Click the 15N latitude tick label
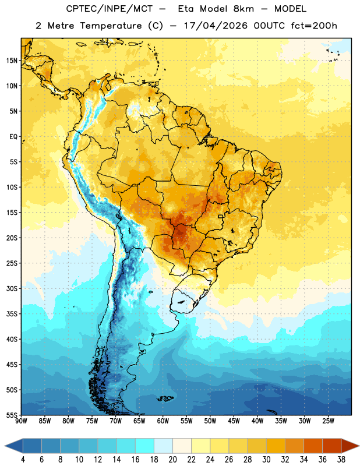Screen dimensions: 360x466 tap(12, 61)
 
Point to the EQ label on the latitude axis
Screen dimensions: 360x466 tap(13, 137)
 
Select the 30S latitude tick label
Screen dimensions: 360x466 tap(12, 288)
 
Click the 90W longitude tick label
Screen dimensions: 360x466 tap(21, 421)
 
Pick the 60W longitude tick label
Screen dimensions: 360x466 tap(163, 421)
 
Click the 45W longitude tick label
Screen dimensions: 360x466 tap(234, 421)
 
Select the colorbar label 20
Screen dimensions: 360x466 tap(172, 460)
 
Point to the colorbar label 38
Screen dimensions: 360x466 tap(341, 460)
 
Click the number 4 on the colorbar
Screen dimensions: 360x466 tap(23, 460)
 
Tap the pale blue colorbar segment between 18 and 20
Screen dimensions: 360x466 tap(163, 446)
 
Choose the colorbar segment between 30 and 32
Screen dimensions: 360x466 tap(276, 446)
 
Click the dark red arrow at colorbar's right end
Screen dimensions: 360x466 tap(350, 446)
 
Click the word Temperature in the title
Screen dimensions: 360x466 tap(111, 26)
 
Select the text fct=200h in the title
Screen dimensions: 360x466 tap(314, 26)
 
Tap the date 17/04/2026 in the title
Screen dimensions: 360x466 tap(216, 26)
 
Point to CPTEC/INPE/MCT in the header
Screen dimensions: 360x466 tap(109, 9)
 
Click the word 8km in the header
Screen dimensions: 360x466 tap(243, 9)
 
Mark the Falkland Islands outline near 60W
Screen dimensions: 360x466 tap(165, 398)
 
